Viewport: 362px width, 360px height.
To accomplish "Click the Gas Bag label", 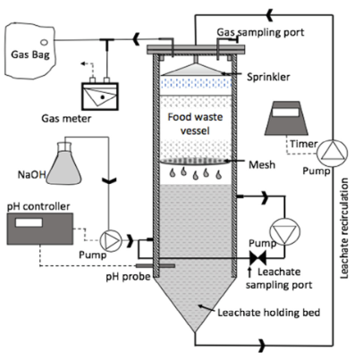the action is (x=30, y=54).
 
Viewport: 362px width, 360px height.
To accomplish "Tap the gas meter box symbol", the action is (x=100, y=96).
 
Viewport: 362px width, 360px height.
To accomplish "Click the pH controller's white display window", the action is (x=29, y=222).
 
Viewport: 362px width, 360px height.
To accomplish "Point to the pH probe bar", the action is (x=156, y=265).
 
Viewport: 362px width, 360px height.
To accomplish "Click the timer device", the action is (x=287, y=118).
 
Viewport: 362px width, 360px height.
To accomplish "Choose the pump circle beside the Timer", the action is (x=333, y=153).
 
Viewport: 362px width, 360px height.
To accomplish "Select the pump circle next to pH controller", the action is (x=110, y=240).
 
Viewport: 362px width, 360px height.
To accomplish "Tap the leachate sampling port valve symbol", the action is (x=258, y=258).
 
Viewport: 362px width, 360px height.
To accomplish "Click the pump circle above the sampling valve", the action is (x=284, y=231).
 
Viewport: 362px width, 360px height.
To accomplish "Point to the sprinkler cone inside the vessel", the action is (x=195, y=70).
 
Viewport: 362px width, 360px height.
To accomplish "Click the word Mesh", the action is (x=262, y=164).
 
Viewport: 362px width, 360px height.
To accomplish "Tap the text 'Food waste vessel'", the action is (x=195, y=123).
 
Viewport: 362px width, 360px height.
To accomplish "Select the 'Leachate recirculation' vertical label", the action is (x=344, y=228).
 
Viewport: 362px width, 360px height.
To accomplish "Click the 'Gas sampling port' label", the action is (x=260, y=32).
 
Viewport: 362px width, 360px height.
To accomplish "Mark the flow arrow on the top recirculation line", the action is (x=270, y=15).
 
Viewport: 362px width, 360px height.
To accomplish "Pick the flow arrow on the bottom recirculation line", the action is (x=262, y=346).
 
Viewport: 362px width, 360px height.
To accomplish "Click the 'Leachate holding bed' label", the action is (x=269, y=313).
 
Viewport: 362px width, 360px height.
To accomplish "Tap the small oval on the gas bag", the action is (x=44, y=42).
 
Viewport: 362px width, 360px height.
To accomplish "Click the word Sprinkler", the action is (x=268, y=77).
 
